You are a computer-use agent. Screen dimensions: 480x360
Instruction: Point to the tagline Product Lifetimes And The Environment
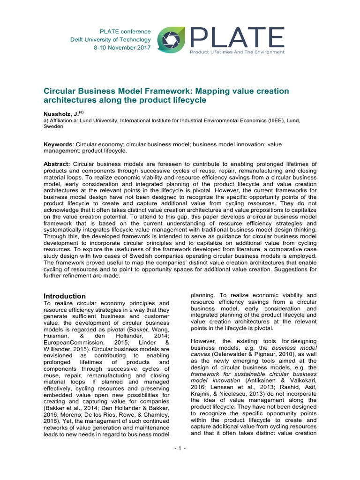pyautogui.click(x=237, y=52)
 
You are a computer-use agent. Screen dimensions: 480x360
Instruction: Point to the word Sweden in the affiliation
pyautogui.click(x=53, y=126)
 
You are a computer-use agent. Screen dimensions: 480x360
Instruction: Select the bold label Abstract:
pyautogui.click(x=57, y=164)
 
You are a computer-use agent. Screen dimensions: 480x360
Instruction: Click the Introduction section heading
pyautogui.click(x=65, y=296)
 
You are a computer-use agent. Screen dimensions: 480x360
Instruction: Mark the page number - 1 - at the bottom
pyautogui.click(x=180, y=449)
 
